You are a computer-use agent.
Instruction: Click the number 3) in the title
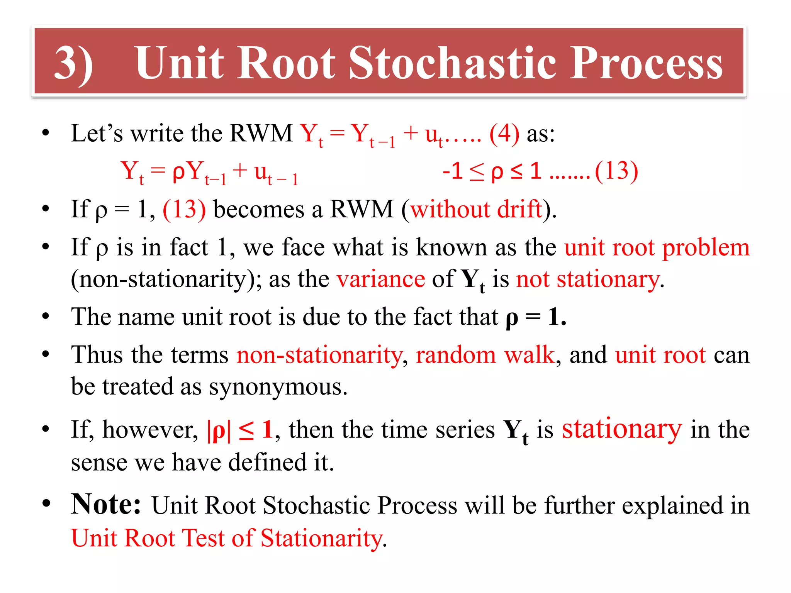pos(73,64)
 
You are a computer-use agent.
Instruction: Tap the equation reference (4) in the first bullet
pos(504,134)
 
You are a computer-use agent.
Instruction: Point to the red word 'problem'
pos(706,247)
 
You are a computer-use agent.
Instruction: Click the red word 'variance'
pos(380,279)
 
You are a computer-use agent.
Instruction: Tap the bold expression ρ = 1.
pos(536,317)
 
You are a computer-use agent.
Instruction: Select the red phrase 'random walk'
pos(485,355)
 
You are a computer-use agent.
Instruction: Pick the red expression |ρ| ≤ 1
pos(240,430)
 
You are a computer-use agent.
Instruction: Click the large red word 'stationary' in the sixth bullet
pos(621,429)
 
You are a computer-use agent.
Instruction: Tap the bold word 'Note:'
pos(106,505)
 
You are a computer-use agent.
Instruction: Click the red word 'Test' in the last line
pos(203,538)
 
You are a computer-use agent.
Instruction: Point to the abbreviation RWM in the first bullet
pos(261,134)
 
